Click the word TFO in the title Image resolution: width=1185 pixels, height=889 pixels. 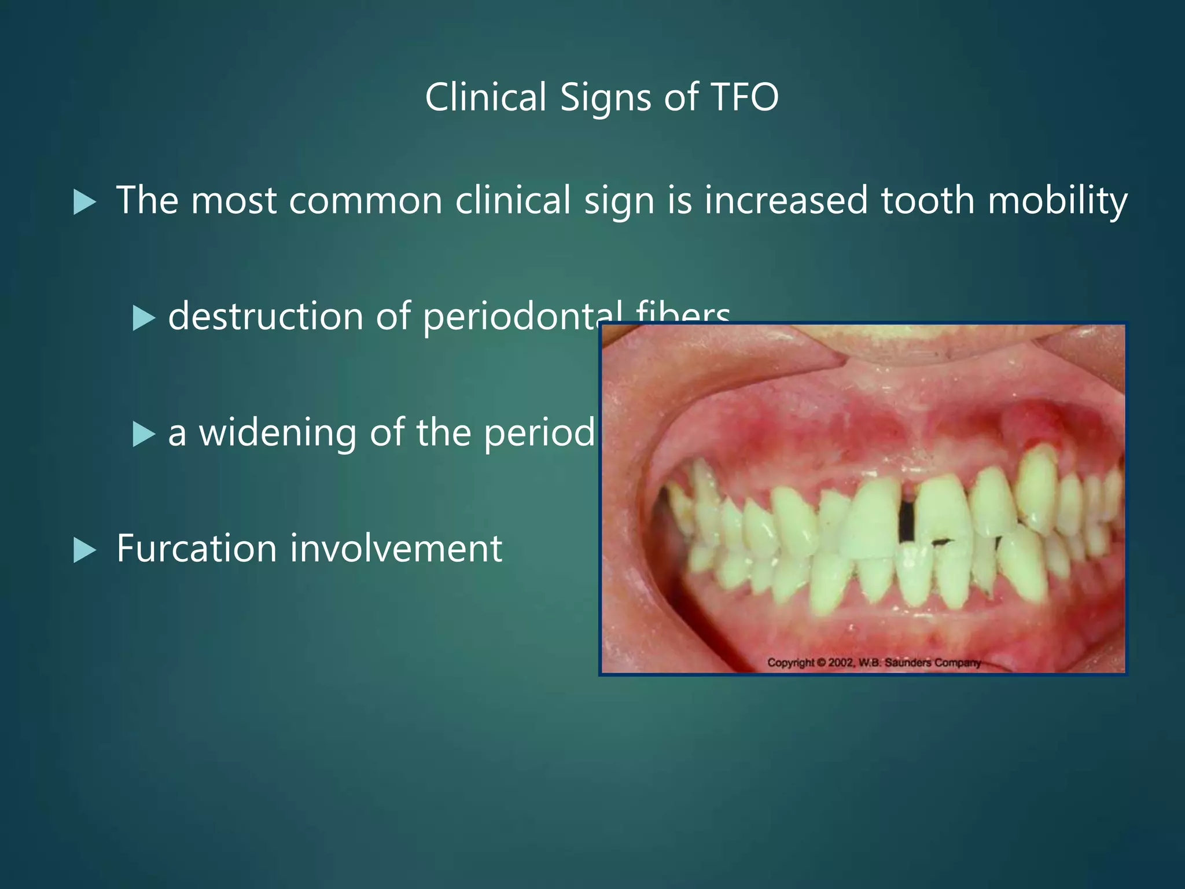pyautogui.click(x=744, y=97)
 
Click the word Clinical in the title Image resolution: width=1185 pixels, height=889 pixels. pyautogui.click(x=486, y=97)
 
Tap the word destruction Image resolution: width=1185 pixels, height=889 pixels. pyautogui.click(x=266, y=317)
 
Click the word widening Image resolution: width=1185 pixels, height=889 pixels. pyautogui.click(x=278, y=434)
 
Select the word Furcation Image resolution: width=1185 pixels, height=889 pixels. pyautogui.click(x=197, y=548)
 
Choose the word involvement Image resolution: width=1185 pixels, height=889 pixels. pyautogui.click(x=396, y=548)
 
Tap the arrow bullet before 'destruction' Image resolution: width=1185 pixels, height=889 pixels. pyautogui.click(x=143, y=319)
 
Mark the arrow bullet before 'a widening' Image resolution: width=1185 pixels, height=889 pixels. pyautogui.click(x=143, y=435)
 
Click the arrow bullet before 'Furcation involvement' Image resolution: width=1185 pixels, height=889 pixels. pyautogui.click(x=84, y=550)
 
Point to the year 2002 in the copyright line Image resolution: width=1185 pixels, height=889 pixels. pyautogui.click(x=841, y=662)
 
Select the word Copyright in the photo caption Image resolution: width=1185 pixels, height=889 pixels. pyautogui.click(x=790, y=663)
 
